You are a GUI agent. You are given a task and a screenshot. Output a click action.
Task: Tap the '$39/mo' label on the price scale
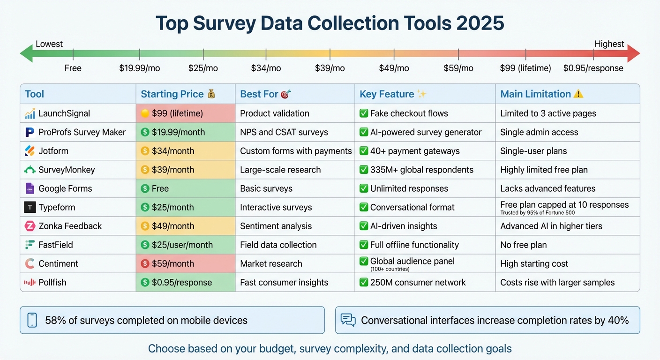click(330, 68)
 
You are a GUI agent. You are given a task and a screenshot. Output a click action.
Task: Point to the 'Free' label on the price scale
click(73, 68)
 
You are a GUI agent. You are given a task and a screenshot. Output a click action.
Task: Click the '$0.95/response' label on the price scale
click(593, 68)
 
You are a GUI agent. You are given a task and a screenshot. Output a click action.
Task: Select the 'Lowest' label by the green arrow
click(49, 44)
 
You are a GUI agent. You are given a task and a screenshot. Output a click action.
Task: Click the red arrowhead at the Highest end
click(633, 53)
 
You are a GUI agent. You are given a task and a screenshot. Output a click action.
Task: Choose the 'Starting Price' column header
click(172, 94)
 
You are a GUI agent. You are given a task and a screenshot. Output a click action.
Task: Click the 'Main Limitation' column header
click(535, 94)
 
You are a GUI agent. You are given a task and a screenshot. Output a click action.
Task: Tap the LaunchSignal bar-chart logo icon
click(30, 113)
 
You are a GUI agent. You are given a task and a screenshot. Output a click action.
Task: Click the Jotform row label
click(53, 151)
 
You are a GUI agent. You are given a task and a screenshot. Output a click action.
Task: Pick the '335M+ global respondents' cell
click(421, 170)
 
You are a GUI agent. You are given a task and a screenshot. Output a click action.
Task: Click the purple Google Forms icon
click(30, 188)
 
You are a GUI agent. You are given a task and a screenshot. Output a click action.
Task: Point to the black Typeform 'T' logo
click(30, 207)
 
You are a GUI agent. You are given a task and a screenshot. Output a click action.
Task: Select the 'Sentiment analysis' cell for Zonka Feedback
click(276, 226)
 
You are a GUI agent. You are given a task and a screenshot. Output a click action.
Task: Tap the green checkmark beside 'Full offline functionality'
click(363, 245)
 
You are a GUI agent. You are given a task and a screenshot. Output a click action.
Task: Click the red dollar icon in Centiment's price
click(145, 263)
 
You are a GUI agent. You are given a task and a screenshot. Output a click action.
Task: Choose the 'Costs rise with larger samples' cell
click(557, 282)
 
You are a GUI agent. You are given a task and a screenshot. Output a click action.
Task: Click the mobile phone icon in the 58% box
click(32, 320)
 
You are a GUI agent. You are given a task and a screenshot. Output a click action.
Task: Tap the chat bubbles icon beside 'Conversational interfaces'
click(348, 320)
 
